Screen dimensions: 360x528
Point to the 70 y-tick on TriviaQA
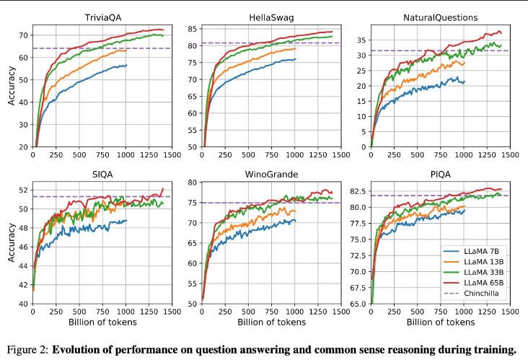click(23, 35)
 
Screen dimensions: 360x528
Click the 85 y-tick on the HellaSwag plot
click(193, 29)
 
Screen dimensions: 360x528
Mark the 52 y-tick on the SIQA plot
click(23, 190)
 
